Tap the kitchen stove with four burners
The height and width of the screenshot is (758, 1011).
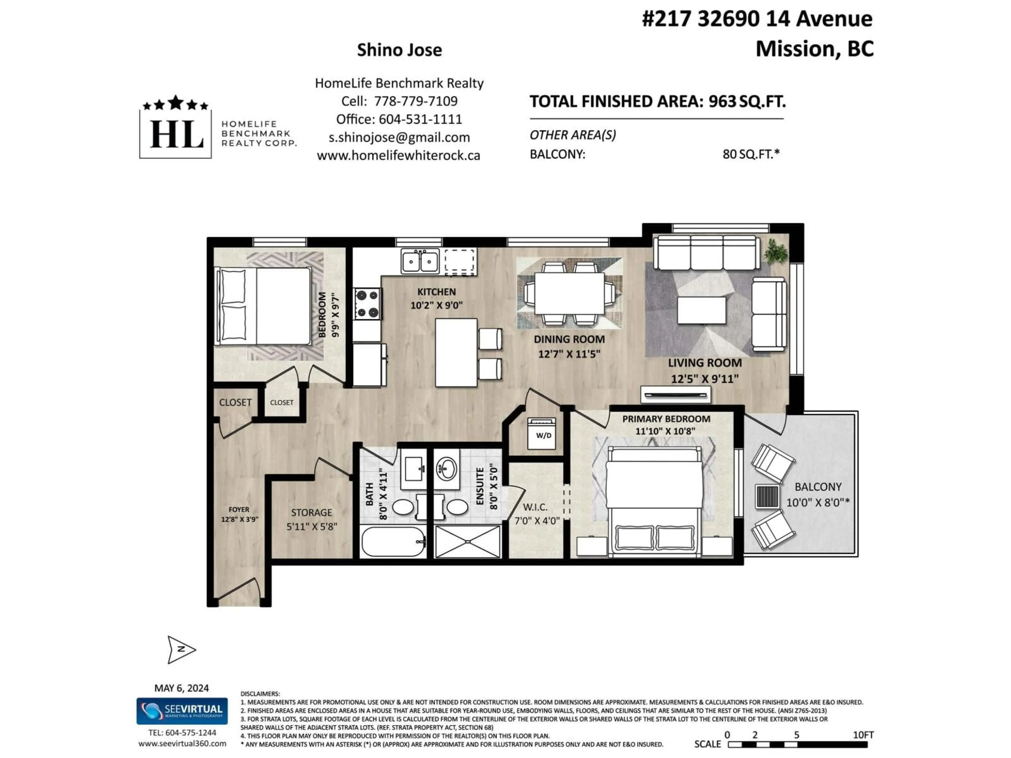368,304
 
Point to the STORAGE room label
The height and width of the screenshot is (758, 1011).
312,513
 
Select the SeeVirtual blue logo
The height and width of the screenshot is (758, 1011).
182,711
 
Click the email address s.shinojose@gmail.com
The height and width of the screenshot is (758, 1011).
399,138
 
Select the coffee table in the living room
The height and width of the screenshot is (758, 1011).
702,311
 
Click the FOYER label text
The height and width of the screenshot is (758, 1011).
239,510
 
